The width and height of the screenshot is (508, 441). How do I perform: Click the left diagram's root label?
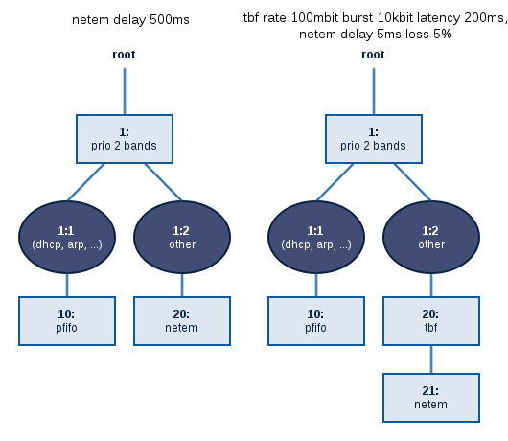click(x=124, y=55)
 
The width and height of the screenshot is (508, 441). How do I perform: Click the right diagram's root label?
click(x=373, y=55)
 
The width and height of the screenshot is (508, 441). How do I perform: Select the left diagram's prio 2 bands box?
click(x=125, y=139)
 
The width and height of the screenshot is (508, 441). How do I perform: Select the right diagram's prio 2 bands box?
click(x=374, y=139)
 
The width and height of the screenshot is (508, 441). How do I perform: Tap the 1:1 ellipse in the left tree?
click(x=67, y=237)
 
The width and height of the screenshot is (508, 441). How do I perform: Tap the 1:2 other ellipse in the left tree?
click(x=182, y=237)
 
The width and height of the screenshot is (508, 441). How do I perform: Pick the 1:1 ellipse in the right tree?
click(x=316, y=237)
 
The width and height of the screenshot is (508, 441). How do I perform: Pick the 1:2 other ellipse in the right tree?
click(x=431, y=237)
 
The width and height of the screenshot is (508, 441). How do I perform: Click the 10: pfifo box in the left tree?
click(x=67, y=321)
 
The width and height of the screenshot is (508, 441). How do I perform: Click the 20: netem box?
click(x=182, y=321)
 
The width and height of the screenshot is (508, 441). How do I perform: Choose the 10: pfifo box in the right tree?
click(x=316, y=321)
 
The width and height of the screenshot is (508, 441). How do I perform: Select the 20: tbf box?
click(x=431, y=321)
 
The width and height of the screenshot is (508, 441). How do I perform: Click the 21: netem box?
click(x=431, y=398)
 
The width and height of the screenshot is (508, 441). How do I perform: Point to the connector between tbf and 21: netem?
click(x=431, y=360)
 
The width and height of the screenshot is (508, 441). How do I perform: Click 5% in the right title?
click(x=443, y=34)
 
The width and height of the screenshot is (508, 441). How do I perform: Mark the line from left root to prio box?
click(x=125, y=91)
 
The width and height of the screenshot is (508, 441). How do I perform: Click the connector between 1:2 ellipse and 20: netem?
click(x=182, y=285)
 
